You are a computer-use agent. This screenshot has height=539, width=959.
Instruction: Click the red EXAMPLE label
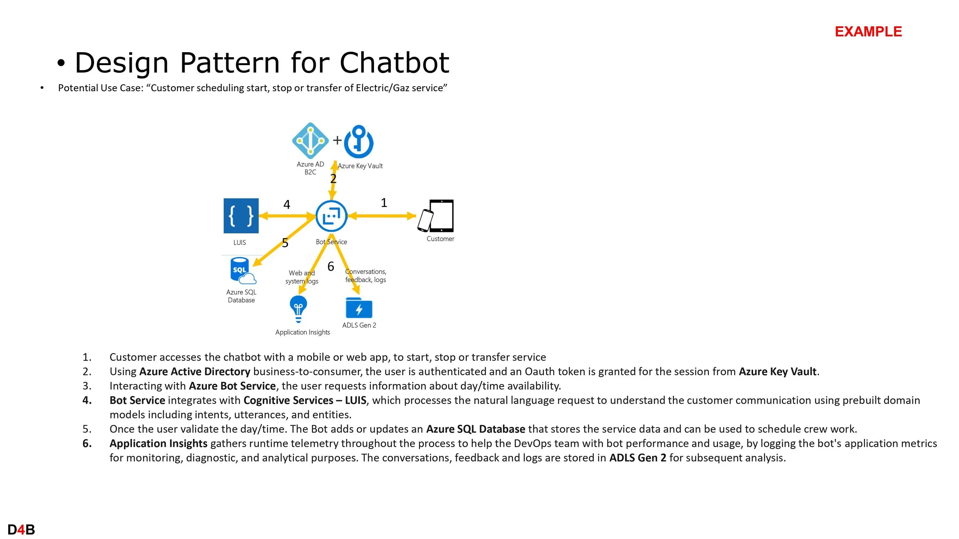point(868,31)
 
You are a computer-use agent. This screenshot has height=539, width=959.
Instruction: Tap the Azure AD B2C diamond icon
point(310,141)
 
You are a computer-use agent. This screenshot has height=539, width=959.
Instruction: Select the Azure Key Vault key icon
point(359,142)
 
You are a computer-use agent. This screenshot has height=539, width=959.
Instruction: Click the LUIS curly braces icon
point(241,216)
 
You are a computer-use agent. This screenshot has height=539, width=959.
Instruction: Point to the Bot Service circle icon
point(331,216)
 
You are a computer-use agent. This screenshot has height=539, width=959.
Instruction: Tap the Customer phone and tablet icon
point(436,216)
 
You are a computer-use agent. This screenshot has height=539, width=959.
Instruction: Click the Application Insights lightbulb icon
point(298,309)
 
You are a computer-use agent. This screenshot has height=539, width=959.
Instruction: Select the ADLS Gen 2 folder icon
point(359,308)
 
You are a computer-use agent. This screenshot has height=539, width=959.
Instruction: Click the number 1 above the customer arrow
point(384,203)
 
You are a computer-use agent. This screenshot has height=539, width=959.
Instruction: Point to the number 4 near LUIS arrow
point(287,204)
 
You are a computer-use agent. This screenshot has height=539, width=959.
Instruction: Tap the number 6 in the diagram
point(331,266)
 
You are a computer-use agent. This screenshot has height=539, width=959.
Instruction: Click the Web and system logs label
point(302,277)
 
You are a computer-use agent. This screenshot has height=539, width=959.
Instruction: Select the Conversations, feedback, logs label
point(366,276)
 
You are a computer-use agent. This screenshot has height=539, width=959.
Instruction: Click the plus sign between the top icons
point(337,140)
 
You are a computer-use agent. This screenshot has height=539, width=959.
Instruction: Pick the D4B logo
point(21,530)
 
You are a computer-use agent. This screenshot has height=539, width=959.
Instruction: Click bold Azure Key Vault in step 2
point(778,371)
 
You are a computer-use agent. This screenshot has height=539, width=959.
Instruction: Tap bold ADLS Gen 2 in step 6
point(638,458)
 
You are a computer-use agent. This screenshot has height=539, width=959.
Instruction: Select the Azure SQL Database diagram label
point(241,296)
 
